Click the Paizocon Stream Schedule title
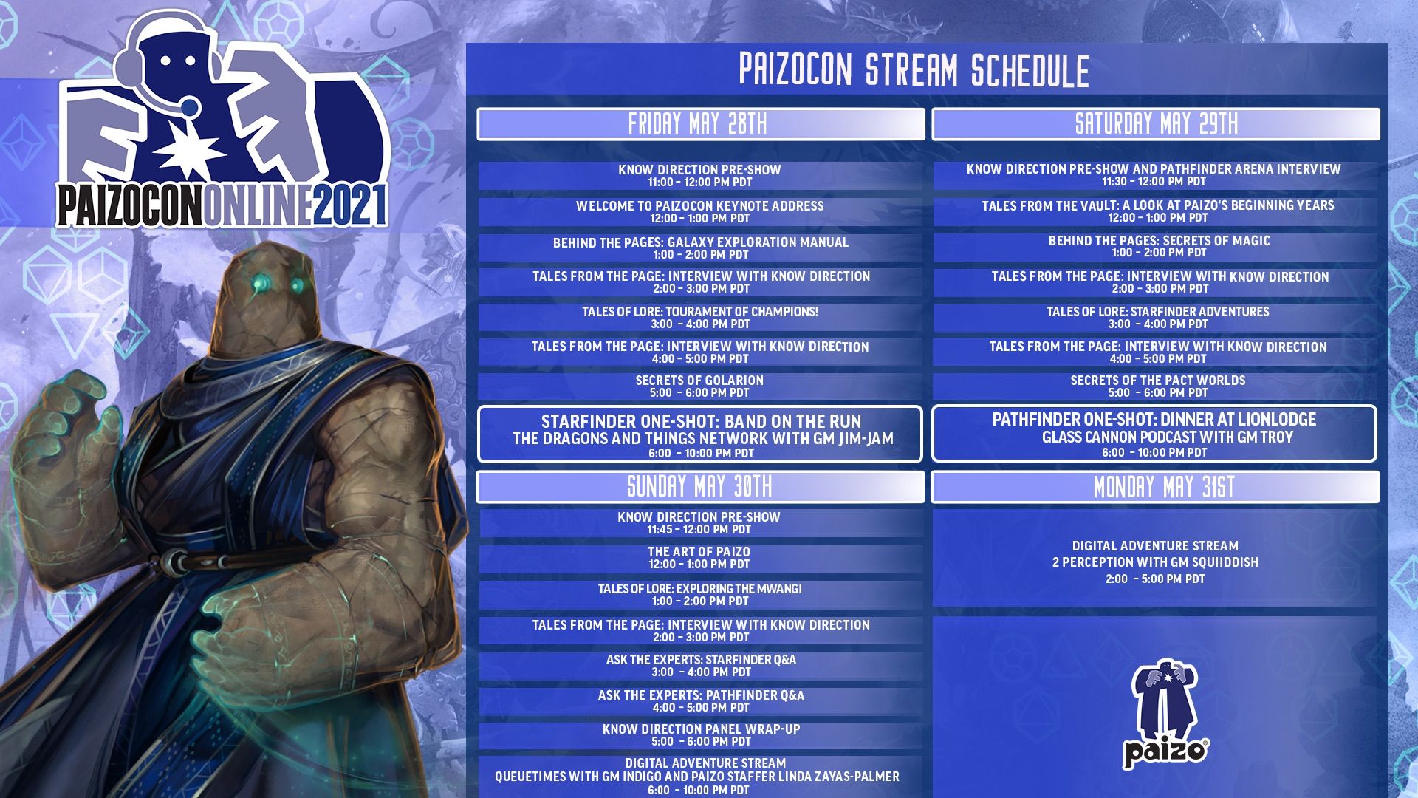point(914,71)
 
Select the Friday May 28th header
point(699,124)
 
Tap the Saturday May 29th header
point(1156,124)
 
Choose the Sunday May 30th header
point(699,487)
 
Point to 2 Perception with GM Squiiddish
point(1154,562)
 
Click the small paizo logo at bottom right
point(1165,714)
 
